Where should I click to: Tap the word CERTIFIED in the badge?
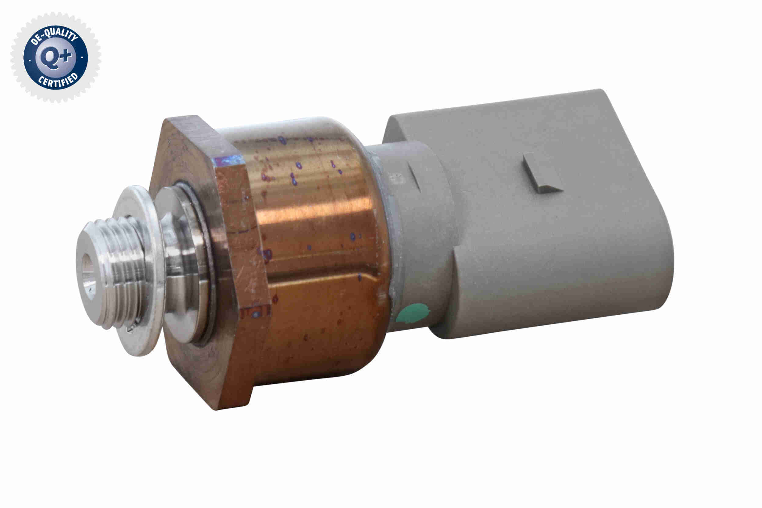[58, 81]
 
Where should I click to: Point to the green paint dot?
[413, 313]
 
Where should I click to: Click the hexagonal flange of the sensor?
[240, 259]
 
